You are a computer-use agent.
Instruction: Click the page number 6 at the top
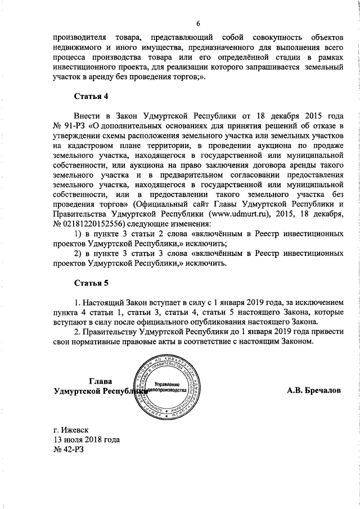tap(197, 23)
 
